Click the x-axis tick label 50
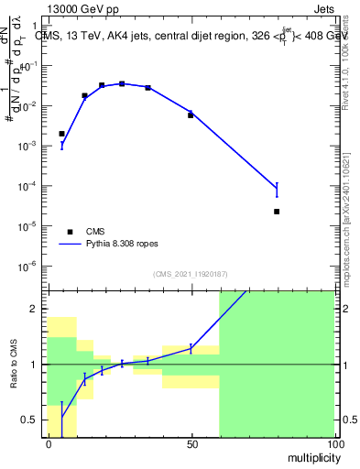(191, 443)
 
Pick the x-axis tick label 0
(49, 443)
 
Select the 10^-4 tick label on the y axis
(31, 186)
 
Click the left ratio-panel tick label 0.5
(31, 420)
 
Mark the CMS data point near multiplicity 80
(277, 212)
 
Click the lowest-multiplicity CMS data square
(62, 134)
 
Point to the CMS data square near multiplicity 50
(191, 115)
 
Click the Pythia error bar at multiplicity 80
(277, 190)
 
